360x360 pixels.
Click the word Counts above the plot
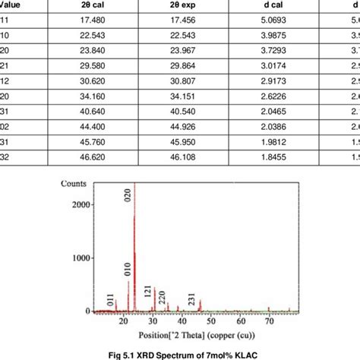75,185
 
